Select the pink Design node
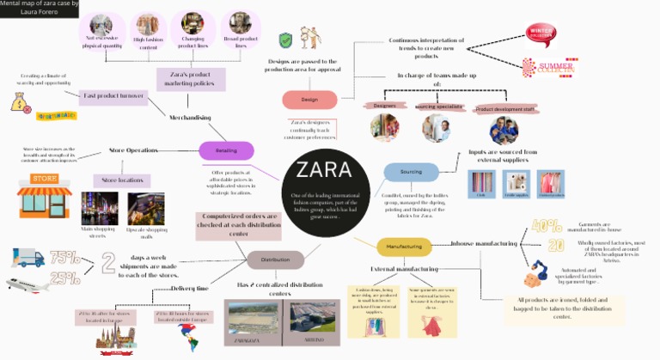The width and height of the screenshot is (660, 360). click(x=309, y=100)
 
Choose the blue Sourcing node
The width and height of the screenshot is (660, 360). click(x=411, y=172)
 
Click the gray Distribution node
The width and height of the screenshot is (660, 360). click(x=275, y=259)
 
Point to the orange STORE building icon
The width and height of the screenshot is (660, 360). click(x=44, y=196)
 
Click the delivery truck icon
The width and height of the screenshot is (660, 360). click(x=27, y=257)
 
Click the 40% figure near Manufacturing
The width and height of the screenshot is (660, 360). click(x=547, y=227)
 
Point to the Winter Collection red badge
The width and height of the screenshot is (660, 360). click(x=542, y=33)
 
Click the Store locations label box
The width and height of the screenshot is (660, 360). click(x=121, y=180)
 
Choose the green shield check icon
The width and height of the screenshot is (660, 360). click(x=286, y=40)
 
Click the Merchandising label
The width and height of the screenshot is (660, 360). click(x=190, y=117)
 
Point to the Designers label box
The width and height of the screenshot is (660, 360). click(x=384, y=106)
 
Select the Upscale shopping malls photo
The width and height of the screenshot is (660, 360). click(x=145, y=209)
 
